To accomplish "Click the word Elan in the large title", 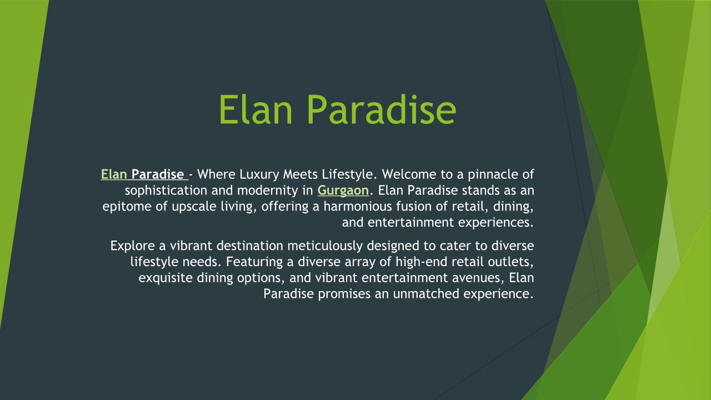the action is pos(256,109).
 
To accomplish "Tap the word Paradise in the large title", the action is pos(382,109).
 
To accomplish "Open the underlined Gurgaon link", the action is pos(343,191).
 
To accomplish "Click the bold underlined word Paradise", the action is pos(158,174).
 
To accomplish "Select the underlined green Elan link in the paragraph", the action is pos(114,174).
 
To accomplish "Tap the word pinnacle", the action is pos(493,175).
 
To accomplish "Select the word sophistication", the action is pos(166,191).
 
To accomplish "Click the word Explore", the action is pos(133,246).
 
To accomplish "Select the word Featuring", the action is pos(254,262).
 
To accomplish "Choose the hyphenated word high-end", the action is pos(422,262).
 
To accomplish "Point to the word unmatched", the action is pos(426,294).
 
